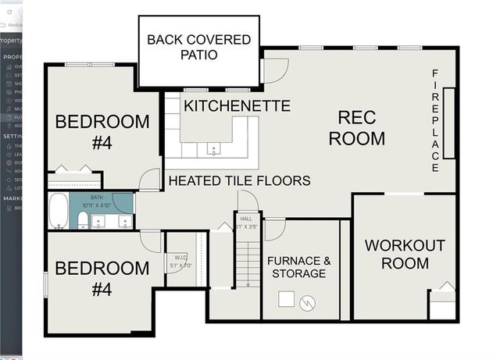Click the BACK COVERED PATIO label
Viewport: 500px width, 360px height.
(199, 47)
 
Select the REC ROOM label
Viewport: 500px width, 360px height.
(356, 128)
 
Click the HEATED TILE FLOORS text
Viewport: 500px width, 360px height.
(240, 180)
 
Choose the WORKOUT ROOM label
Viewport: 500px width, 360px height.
(405, 254)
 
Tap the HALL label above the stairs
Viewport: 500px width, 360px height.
(247, 223)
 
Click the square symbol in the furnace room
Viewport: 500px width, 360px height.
(287, 298)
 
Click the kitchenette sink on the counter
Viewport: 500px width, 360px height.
(212, 148)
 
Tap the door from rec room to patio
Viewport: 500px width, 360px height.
(274, 70)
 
